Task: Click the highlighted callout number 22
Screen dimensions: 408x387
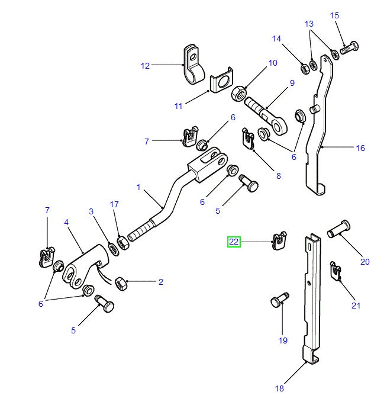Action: pos(234,242)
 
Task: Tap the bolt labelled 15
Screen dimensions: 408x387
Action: pos(348,49)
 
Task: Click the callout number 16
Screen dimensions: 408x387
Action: pos(360,148)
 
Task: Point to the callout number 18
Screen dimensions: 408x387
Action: pos(279,388)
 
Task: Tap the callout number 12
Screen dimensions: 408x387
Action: pos(146,66)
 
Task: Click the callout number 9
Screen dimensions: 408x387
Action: pos(292,83)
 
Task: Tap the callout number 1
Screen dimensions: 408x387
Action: pos(138,187)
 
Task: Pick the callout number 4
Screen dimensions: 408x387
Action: pos(66,222)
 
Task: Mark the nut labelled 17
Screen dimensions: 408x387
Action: pos(123,242)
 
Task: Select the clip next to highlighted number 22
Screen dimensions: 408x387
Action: pos(278,241)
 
